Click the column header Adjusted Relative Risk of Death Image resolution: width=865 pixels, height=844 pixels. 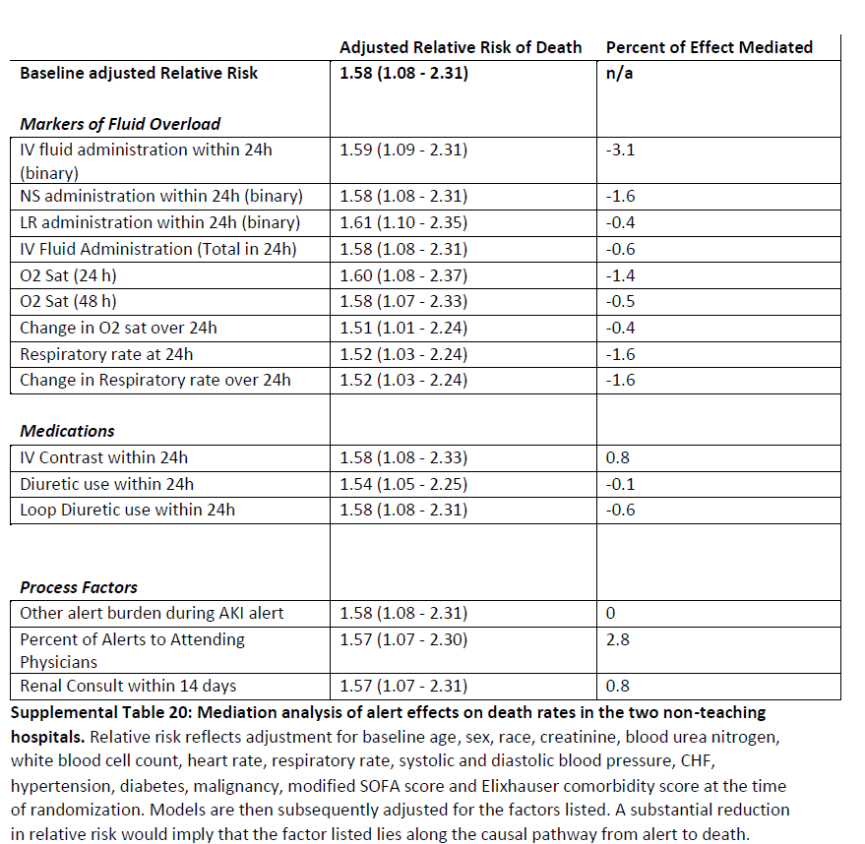coord(460,47)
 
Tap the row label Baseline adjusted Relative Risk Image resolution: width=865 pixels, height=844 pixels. coord(139,73)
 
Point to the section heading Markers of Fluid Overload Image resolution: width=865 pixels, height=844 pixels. coord(120,124)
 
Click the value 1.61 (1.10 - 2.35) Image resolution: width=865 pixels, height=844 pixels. coord(402,222)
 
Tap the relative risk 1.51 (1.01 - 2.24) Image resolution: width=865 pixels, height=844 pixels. coord(402,328)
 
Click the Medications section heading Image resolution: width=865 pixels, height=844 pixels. coord(67,431)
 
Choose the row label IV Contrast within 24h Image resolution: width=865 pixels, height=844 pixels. coord(103,457)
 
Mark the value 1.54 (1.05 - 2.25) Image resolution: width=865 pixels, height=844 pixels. coord(402,484)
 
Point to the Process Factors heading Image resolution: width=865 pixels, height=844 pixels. coord(79,587)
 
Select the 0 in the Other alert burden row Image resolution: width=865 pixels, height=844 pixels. coord(610,613)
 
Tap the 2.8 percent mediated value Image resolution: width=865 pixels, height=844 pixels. coord(617,639)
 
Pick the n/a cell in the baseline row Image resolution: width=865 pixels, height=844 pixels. coord(619,73)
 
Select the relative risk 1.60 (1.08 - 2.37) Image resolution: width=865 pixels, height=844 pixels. coord(402,275)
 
